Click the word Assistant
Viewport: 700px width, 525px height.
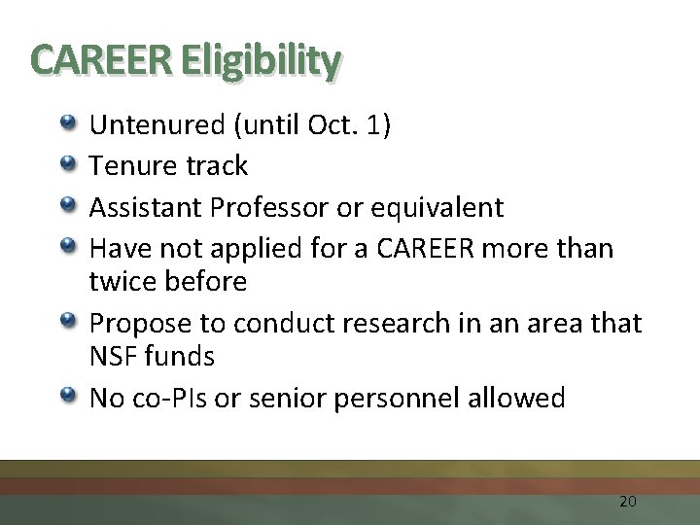pyautogui.click(x=146, y=207)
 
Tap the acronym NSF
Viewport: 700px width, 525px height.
pyautogui.click(x=112, y=357)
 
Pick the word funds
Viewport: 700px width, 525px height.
pyautogui.click(x=179, y=357)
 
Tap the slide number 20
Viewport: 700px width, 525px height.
pyautogui.click(x=627, y=502)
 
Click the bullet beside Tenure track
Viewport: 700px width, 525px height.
pyautogui.click(x=69, y=164)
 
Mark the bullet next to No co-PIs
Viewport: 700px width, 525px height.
pyautogui.click(x=69, y=396)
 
